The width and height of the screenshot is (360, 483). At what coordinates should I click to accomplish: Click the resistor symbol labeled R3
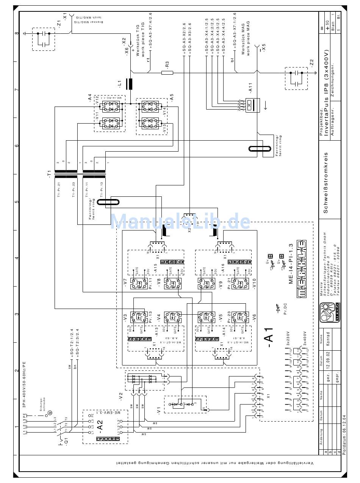pos(167,72)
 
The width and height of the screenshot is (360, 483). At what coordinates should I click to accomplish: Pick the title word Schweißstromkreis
pos(326,183)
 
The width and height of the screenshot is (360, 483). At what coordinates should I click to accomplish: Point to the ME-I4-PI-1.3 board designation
pos(291,263)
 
